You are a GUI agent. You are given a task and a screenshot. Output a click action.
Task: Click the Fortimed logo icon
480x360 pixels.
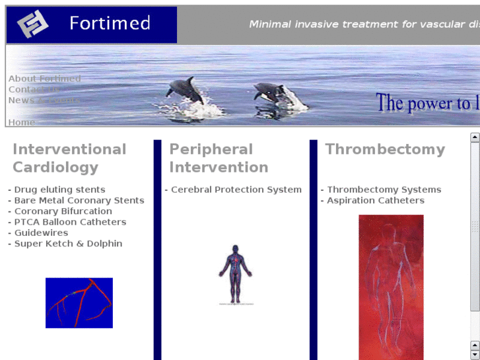point(33,25)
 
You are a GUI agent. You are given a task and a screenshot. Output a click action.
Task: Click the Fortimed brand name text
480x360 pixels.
point(110,24)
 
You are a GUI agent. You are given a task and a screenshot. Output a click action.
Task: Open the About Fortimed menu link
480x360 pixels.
point(44,79)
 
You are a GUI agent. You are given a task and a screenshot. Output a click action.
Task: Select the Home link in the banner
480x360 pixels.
point(21,122)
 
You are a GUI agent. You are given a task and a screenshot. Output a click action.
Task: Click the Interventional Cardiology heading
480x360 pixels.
point(69,158)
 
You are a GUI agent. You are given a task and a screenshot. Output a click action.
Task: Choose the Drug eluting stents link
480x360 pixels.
point(59,190)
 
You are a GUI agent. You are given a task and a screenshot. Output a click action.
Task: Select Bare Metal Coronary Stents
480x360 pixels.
point(79,200)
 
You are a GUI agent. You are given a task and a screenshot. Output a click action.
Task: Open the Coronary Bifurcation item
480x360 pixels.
point(63,211)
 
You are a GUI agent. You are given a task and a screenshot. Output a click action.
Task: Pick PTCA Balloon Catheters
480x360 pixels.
point(70,222)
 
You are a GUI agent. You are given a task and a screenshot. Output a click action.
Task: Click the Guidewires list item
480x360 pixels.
point(41,233)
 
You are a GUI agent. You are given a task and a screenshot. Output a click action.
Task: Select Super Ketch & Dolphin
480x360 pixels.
point(68,244)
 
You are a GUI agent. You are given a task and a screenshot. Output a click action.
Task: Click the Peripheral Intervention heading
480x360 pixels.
point(218,158)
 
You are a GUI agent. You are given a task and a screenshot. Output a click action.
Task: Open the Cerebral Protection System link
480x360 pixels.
point(236,190)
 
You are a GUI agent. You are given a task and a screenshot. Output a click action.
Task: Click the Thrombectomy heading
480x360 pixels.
point(385,149)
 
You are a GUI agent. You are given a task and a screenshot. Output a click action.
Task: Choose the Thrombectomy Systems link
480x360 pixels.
point(384,190)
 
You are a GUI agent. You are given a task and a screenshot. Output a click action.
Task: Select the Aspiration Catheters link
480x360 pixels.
point(375,200)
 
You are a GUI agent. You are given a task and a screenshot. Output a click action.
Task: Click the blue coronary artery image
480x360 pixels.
point(79,303)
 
